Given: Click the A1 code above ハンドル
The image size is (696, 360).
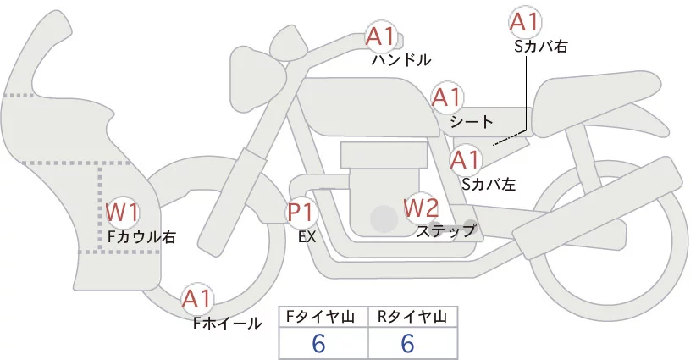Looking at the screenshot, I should click(x=381, y=36).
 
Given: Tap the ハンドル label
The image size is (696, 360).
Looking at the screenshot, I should click(x=401, y=60).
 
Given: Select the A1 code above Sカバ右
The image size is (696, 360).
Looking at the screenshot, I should click(x=525, y=22).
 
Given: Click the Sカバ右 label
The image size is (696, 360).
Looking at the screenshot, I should click(x=540, y=47).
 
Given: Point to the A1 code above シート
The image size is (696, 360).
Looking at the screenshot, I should click(x=446, y=97).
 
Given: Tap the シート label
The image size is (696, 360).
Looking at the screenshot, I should click(x=472, y=122).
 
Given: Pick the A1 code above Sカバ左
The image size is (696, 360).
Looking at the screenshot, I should click(x=465, y=158).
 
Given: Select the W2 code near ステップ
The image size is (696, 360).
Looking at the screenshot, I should click(x=421, y=206).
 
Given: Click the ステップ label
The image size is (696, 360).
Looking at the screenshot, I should click(x=445, y=230).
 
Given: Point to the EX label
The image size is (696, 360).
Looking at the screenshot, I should click(x=307, y=237).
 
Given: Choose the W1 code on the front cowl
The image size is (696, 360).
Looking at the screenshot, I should click(x=122, y=213).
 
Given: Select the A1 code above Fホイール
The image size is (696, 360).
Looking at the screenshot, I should click(x=198, y=298).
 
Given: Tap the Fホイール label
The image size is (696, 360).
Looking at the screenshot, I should click(x=227, y=323).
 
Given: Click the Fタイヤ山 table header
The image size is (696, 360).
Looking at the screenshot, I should click(x=324, y=317).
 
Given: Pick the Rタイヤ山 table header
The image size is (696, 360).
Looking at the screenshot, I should click(x=412, y=317).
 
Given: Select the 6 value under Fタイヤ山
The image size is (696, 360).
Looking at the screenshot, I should click(x=318, y=343).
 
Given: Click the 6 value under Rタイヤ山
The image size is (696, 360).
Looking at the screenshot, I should click(x=406, y=343).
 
